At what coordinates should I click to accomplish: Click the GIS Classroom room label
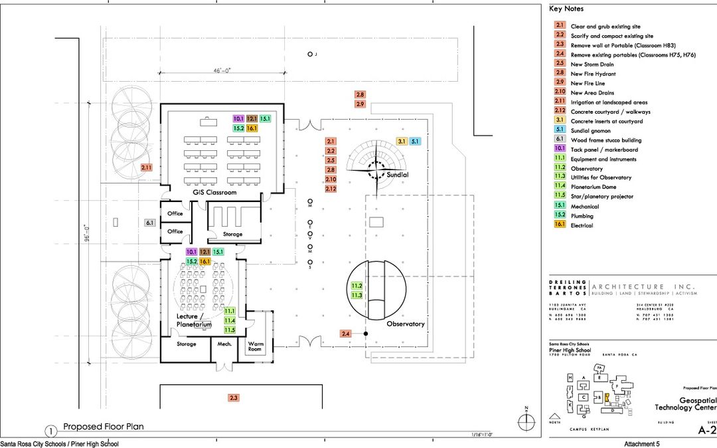coord(214,193)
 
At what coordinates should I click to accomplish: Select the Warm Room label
coord(256,346)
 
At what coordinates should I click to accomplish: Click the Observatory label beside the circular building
coord(405,324)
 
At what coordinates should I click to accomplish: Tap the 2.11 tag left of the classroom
coord(147,168)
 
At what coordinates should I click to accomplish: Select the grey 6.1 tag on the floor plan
coord(150,223)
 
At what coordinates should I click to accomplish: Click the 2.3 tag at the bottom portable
coord(233,397)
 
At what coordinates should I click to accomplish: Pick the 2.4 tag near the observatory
coord(346,333)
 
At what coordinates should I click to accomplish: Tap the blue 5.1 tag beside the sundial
coord(415,141)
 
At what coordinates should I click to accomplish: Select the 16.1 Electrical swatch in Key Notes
coord(560,225)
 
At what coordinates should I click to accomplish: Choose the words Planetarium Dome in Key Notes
coord(593,187)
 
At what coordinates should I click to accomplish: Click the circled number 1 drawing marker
coord(50,430)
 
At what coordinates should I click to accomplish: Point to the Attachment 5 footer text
coord(643,443)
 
